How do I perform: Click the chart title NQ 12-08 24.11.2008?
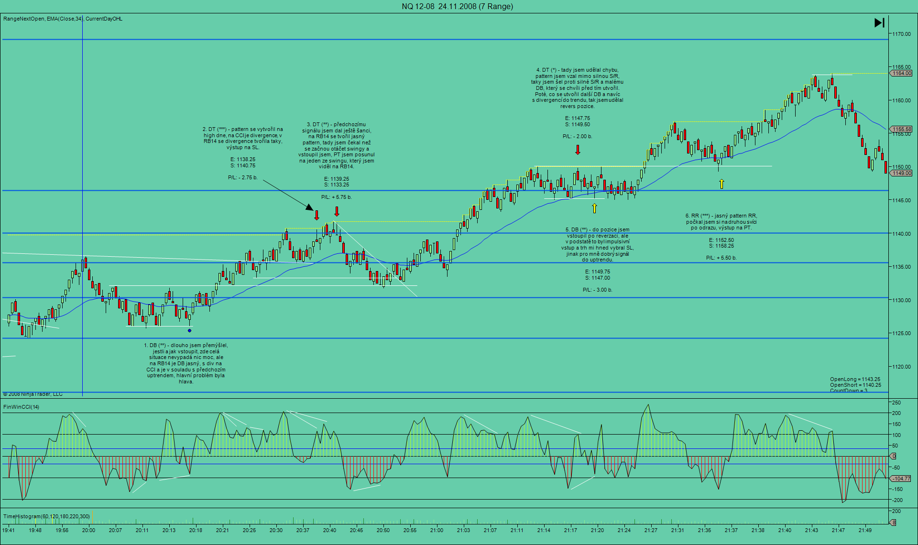pyautogui.click(x=457, y=6)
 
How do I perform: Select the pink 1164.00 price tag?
pyautogui.click(x=901, y=73)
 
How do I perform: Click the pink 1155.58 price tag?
pyautogui.click(x=901, y=129)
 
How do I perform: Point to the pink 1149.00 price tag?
pyautogui.click(x=901, y=173)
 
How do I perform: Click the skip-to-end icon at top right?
pyautogui.click(x=879, y=22)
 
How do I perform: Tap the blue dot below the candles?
pyautogui.click(x=190, y=330)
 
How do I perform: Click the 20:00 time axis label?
pyautogui.click(x=88, y=530)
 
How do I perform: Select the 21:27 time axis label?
pyautogui.click(x=651, y=530)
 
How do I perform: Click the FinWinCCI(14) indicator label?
pyautogui.click(x=22, y=407)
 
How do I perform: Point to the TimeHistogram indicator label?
pyautogui.click(x=46, y=516)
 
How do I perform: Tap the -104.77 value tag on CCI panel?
pyautogui.click(x=901, y=479)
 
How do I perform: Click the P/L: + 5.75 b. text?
pyautogui.click(x=336, y=197)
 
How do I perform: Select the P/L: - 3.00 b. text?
pyautogui.click(x=597, y=290)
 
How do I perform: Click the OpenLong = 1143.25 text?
pyautogui.click(x=855, y=379)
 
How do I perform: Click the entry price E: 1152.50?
pyautogui.click(x=721, y=240)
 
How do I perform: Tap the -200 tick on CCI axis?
pyautogui.click(x=897, y=500)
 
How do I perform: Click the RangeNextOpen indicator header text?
pyautogui.click(x=24, y=19)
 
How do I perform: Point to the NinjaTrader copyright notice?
pyautogui.click(x=33, y=394)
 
